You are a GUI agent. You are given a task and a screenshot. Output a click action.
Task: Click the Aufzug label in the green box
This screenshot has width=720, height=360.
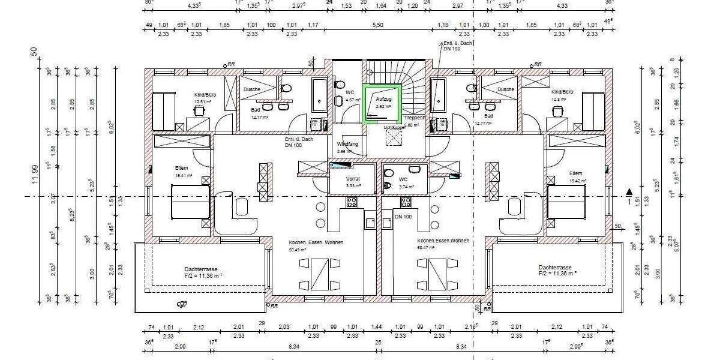(384, 98)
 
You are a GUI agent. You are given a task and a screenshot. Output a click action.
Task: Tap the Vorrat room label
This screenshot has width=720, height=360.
(352, 179)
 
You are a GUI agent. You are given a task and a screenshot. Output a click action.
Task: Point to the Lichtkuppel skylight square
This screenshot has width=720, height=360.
(394, 137)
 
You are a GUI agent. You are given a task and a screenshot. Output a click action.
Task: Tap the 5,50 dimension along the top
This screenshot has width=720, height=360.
(378, 25)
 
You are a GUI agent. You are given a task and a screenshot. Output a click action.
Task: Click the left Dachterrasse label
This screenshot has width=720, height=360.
(202, 268)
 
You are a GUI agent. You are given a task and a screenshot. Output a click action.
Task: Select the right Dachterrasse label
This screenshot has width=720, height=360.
(555, 268)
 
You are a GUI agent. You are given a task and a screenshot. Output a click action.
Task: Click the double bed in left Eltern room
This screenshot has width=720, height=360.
(190, 202)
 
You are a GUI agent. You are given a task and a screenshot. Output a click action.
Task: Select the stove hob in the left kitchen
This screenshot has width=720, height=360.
(352, 202)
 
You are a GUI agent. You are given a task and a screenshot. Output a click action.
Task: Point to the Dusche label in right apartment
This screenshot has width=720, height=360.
(506, 89)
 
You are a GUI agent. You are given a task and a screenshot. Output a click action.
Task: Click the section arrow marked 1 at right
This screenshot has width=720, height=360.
(629, 193)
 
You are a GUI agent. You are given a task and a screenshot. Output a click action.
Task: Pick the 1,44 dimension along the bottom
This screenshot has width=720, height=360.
(376, 327)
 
